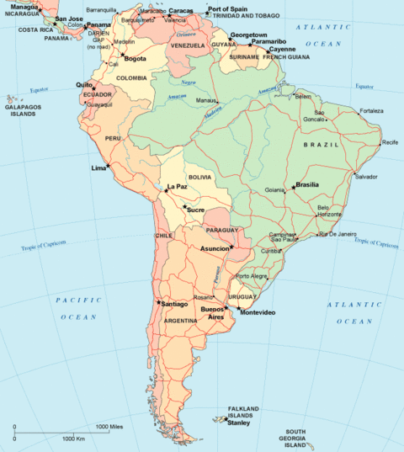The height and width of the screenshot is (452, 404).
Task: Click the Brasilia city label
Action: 308,184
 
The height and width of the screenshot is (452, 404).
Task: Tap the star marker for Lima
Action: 109,166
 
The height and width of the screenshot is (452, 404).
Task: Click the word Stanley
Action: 239,423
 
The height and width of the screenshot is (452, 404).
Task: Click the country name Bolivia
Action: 200,178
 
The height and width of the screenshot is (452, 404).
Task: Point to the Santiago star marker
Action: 158,301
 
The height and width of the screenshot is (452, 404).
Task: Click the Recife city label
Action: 390,142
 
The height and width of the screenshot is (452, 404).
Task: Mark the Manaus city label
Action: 206,100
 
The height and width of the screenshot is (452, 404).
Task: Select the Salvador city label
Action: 366,177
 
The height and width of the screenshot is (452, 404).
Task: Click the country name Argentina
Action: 181,321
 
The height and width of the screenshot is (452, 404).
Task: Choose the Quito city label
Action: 83,84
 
